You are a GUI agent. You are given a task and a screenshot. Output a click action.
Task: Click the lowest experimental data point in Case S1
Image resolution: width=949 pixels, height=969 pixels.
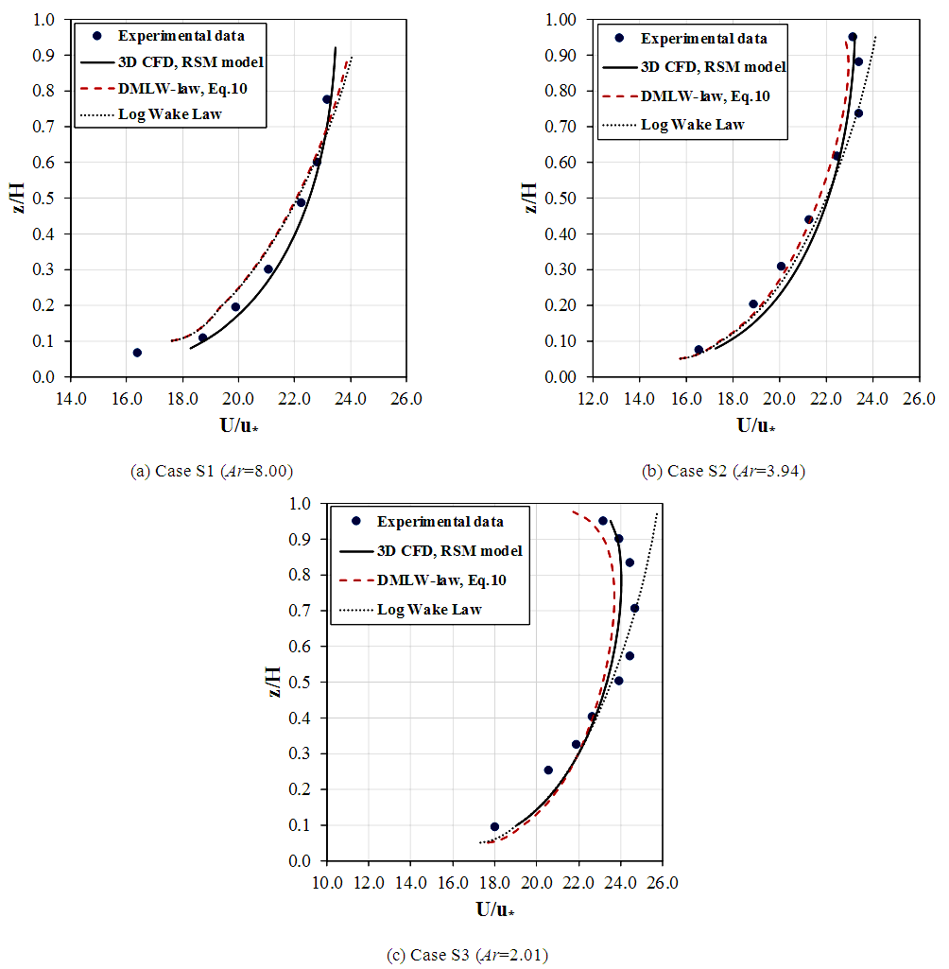click(137, 353)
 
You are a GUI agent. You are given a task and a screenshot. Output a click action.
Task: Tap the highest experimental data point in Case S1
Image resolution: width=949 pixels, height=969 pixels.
click(327, 99)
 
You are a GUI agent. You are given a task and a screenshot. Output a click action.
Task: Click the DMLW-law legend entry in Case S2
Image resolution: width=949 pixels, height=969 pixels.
click(704, 95)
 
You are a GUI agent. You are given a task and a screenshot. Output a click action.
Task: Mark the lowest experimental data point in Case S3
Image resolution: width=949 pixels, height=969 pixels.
click(494, 826)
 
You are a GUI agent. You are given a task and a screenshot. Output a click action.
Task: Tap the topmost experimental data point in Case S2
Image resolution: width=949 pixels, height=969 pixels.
click(853, 37)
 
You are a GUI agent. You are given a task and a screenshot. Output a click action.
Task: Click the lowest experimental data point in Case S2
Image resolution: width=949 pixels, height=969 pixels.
click(699, 350)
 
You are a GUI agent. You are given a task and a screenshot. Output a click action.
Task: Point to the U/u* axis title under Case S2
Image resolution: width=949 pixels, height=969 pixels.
click(757, 424)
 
